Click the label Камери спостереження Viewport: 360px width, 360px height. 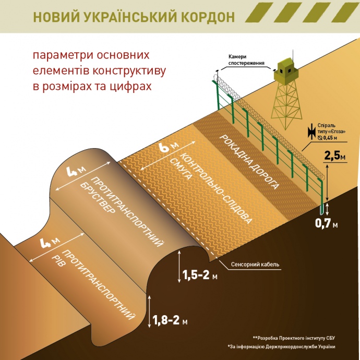tap(246, 59)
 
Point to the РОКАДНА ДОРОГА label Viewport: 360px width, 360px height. tap(249, 162)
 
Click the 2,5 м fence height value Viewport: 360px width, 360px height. tap(335, 155)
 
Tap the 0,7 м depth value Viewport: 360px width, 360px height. tap(326, 223)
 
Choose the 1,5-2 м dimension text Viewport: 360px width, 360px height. tap(199, 275)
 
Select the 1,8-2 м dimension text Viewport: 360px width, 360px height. tap(170, 320)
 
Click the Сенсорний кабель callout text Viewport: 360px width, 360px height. tap(255, 264)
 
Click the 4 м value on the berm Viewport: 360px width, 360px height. tap(76, 171)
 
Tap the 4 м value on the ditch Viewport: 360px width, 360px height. tap(50, 243)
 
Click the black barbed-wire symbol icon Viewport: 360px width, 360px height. tap(312, 131)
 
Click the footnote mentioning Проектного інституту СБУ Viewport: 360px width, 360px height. tap(294, 338)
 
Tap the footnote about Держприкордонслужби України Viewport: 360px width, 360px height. tap(281, 346)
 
